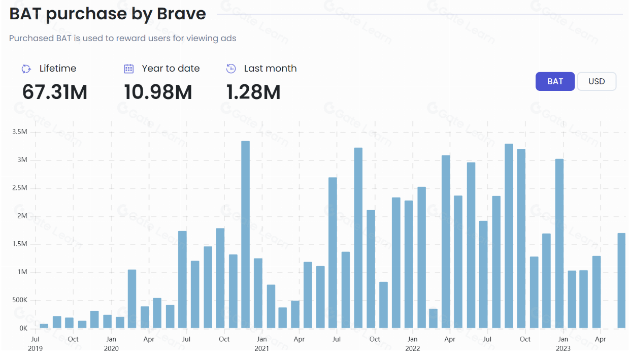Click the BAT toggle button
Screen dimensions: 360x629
coord(555,81)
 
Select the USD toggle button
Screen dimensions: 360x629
coord(597,81)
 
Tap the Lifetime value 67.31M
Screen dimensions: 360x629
coord(55,92)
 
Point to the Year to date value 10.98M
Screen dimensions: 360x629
coord(158,92)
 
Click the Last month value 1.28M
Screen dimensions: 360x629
coord(253,92)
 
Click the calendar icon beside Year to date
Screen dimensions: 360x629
coord(129,69)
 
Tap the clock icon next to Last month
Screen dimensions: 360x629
coord(231,69)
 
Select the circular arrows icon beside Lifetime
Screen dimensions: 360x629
coord(26,69)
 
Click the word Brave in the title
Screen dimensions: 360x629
coord(181,14)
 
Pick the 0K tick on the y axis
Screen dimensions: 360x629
coord(23,329)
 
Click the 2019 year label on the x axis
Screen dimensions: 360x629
coord(36,348)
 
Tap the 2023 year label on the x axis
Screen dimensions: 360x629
coord(563,348)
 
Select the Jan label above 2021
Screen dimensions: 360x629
coord(261,339)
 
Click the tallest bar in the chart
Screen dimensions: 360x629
coord(245,234)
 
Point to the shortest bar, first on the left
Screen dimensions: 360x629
coord(44,326)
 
